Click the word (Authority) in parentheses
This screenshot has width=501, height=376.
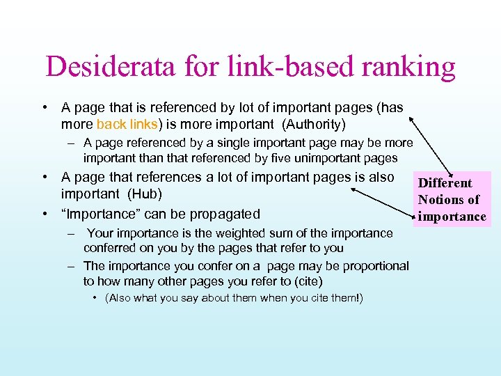point(313,125)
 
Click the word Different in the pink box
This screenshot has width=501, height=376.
point(445,183)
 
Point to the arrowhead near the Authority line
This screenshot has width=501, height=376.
point(411,119)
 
